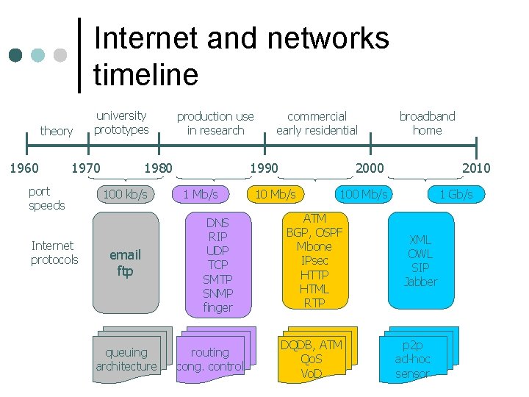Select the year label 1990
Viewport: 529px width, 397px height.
[263, 168]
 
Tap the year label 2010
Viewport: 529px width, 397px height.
[475, 168]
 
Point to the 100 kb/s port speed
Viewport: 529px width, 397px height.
[125, 195]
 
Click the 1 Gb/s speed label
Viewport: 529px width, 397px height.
[456, 195]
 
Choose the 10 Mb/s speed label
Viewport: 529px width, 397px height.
[275, 194]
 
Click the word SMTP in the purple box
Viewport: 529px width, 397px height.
[217, 279]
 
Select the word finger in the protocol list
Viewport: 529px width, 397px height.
[217, 307]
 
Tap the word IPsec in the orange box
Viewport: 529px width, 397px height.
[314, 260]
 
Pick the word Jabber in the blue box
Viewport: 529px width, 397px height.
[420, 282]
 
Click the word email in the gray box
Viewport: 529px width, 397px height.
[125, 254]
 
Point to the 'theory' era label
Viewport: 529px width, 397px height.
[57, 131]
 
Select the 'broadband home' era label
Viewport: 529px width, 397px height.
[427, 123]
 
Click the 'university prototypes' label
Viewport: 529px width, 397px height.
[121, 122]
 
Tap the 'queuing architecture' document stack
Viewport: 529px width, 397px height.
[126, 359]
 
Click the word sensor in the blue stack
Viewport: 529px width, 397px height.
[412, 373]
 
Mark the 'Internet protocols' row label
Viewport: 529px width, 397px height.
[54, 252]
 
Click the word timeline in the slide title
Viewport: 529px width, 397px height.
[145, 74]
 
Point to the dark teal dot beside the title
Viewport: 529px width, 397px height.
[15, 56]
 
